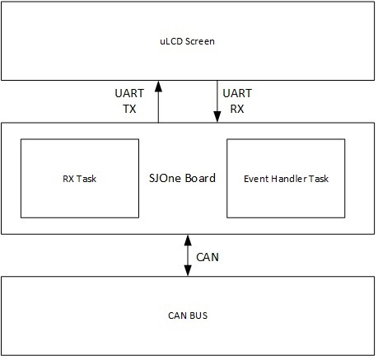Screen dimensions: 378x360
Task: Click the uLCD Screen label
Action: [x=187, y=41]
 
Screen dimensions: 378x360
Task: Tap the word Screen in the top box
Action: [x=199, y=41]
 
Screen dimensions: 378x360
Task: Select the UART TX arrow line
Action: [x=158, y=101]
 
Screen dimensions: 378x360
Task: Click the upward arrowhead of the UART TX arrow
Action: [x=158, y=86]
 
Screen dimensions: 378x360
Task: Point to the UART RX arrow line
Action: [x=217, y=101]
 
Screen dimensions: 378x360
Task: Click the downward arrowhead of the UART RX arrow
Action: [x=217, y=117]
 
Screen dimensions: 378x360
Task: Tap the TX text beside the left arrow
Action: [x=129, y=109]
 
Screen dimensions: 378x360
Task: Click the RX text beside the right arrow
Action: [x=237, y=109]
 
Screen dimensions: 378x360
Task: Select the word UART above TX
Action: [x=129, y=93]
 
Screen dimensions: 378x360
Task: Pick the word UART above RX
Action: [x=237, y=93]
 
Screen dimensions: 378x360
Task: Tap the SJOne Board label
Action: [x=182, y=178]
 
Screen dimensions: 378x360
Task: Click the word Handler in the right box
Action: [x=289, y=179]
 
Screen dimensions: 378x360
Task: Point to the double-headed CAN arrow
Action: [x=188, y=255]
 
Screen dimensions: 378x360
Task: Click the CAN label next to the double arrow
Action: [x=208, y=257]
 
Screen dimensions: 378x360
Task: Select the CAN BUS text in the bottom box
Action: [x=188, y=316]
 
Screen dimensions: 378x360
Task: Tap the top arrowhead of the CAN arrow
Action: [x=188, y=241]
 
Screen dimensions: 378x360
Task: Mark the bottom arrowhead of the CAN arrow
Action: [x=188, y=270]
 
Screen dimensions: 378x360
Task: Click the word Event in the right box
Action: [x=256, y=179]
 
